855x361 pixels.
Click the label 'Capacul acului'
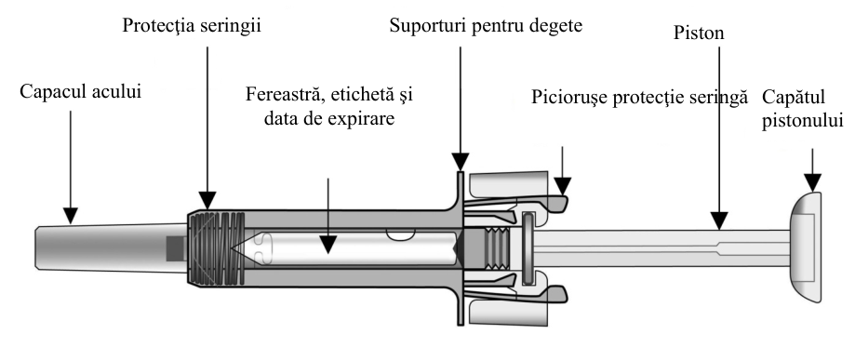[x=80, y=91]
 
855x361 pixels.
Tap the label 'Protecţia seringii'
[x=192, y=26]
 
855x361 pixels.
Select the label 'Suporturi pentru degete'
[x=486, y=26]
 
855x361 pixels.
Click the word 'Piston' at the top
[x=699, y=33]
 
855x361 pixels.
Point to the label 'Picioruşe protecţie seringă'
[x=639, y=98]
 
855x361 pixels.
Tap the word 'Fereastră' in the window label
[x=284, y=94]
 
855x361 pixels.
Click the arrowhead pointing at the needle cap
[x=71, y=216]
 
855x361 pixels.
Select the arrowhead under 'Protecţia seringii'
[x=207, y=201]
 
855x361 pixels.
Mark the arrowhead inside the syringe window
[x=327, y=246]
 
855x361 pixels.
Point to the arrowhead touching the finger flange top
[x=461, y=162]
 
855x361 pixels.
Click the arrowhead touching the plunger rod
[x=719, y=221]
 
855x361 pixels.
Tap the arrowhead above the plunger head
[x=812, y=182]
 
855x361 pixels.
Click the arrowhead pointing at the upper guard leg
[x=562, y=186]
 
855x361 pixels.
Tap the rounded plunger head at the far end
[x=805, y=247]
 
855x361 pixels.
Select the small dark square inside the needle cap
[x=175, y=248]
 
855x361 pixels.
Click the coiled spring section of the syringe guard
[x=217, y=248]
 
